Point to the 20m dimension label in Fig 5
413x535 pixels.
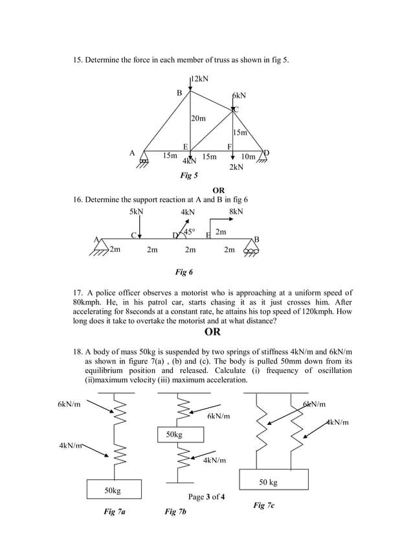(x=198, y=119)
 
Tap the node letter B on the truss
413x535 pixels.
(x=180, y=93)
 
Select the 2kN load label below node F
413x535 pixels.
(x=236, y=167)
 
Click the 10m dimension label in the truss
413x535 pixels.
(x=248, y=156)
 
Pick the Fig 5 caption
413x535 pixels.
(x=189, y=175)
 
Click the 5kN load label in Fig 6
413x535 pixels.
(x=136, y=212)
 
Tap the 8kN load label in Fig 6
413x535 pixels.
(x=236, y=212)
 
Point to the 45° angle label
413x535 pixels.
(x=190, y=231)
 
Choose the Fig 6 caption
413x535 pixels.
(x=184, y=272)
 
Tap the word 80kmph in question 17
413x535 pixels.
(x=87, y=302)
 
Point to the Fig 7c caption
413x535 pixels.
(x=263, y=505)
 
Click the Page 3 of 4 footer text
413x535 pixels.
(x=206, y=497)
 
